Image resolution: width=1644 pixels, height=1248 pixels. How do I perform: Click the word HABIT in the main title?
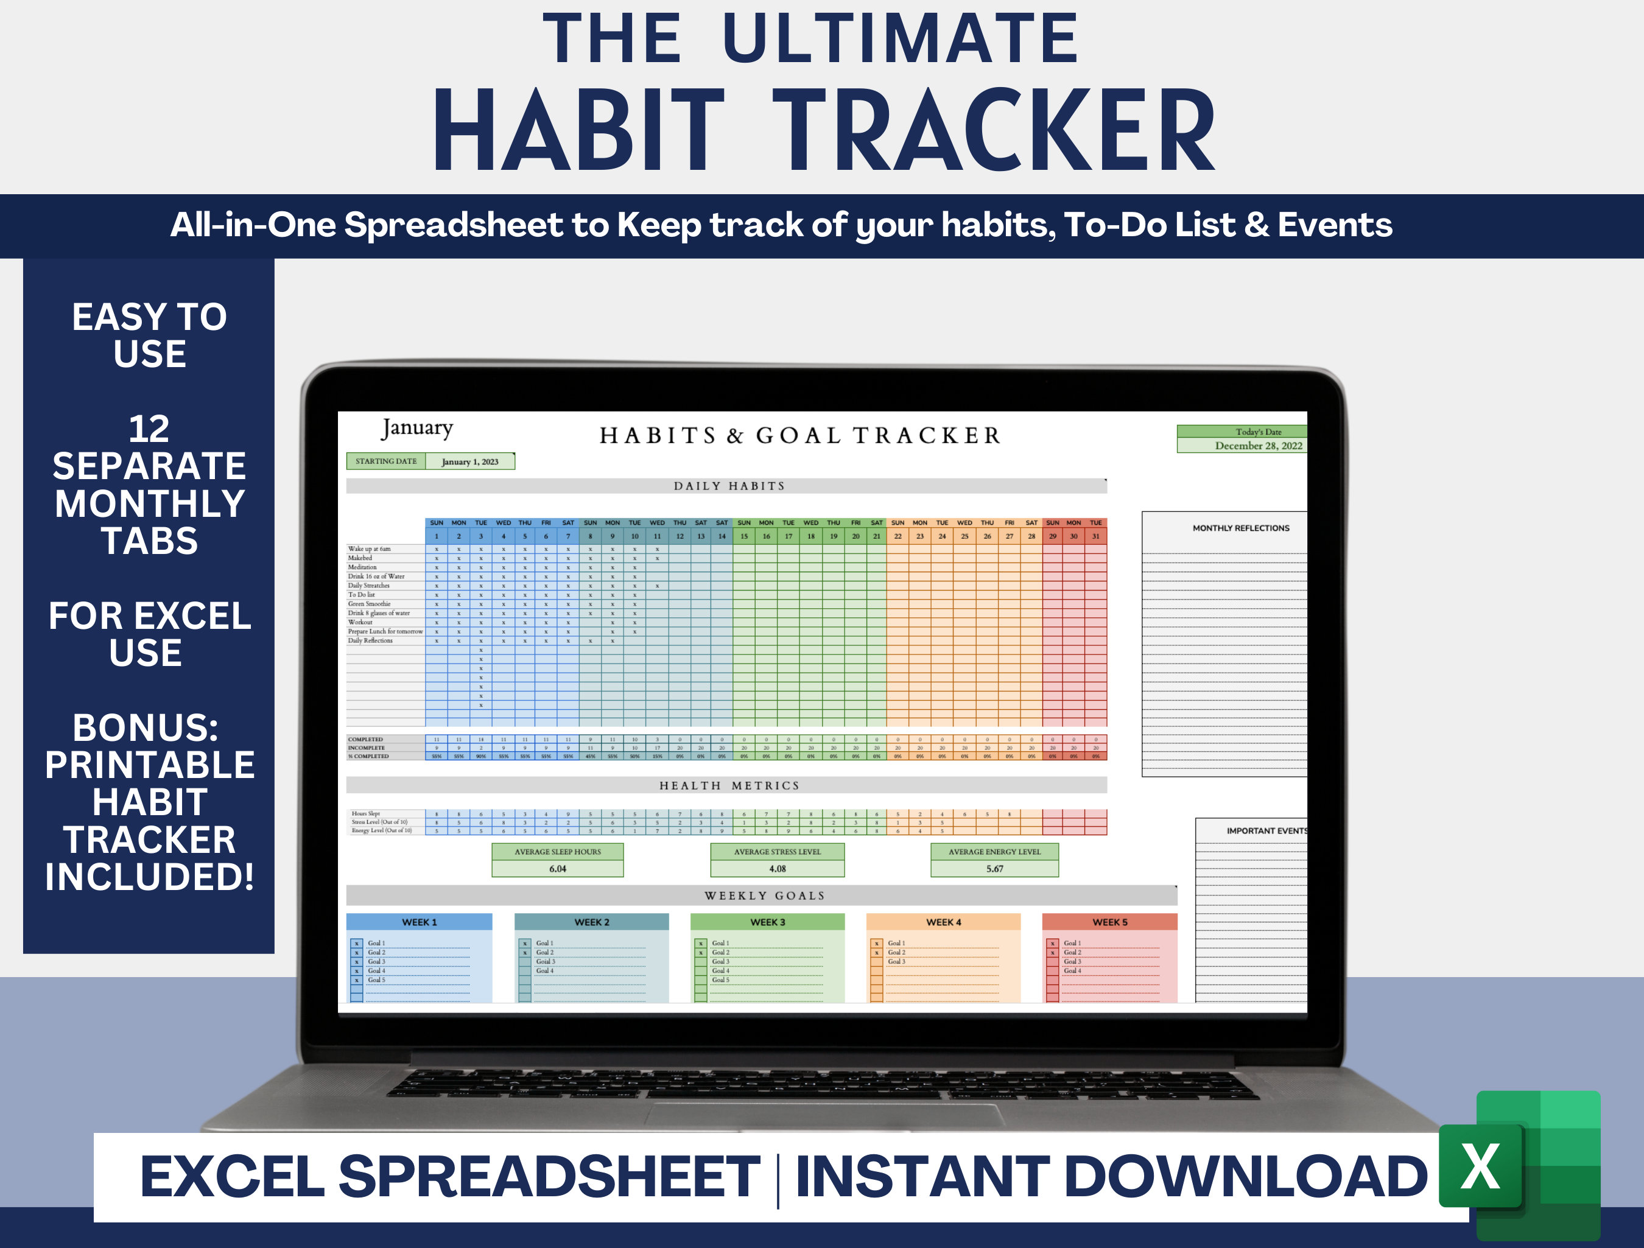click(579, 131)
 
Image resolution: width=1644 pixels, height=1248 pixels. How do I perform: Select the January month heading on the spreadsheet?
click(417, 428)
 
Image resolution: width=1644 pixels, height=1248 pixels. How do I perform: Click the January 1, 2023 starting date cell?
click(469, 461)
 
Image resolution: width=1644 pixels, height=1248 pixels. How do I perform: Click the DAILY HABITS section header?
click(728, 486)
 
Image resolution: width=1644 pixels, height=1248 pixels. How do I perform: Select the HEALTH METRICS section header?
click(728, 786)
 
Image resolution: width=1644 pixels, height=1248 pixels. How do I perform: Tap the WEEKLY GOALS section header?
click(764, 896)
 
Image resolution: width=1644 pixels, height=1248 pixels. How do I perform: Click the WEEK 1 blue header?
click(419, 922)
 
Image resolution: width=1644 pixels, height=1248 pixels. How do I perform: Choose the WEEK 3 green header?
click(767, 922)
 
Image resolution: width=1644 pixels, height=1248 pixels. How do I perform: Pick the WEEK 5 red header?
click(1109, 922)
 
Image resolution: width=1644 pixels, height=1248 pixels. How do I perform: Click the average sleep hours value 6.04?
click(557, 869)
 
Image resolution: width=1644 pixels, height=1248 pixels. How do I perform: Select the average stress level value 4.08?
click(778, 869)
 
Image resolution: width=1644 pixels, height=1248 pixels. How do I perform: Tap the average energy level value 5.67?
click(994, 869)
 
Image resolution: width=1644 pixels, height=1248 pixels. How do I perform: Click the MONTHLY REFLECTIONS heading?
click(1240, 528)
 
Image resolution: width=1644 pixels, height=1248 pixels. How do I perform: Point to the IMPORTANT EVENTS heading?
click(1266, 831)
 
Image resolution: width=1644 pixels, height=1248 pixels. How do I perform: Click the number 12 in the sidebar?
click(149, 429)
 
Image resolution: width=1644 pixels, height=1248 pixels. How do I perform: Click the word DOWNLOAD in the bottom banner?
click(1245, 1177)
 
